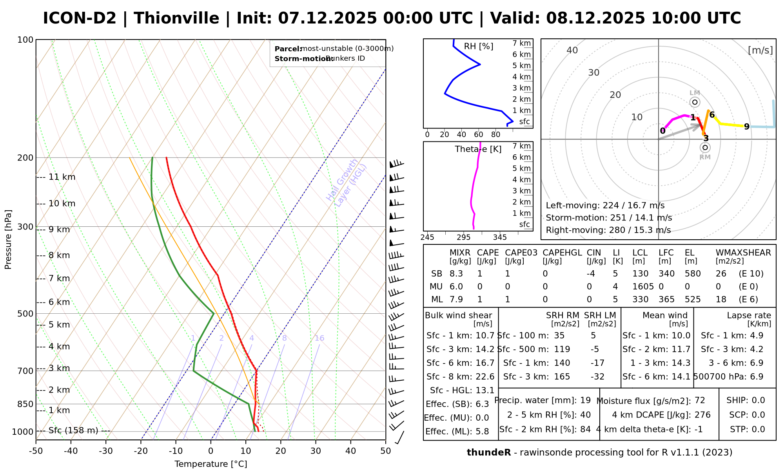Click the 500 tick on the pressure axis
tap(25, 314)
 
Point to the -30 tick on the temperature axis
tap(106, 451)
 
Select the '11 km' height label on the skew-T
tap(62, 177)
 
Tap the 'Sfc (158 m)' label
tap(73, 431)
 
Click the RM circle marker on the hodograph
tap(705, 148)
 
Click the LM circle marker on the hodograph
tap(695, 102)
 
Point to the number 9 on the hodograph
tap(747, 127)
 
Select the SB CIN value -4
tap(591, 274)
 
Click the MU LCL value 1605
tap(643, 287)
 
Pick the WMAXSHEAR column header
tap(743, 253)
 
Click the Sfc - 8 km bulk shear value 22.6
tap(485, 377)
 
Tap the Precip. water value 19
tap(585, 400)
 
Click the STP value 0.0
tap(758, 429)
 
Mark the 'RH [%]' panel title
tap(478, 47)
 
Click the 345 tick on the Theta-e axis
tap(500, 237)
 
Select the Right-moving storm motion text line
tap(608, 230)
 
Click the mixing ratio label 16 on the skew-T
tap(319, 338)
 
